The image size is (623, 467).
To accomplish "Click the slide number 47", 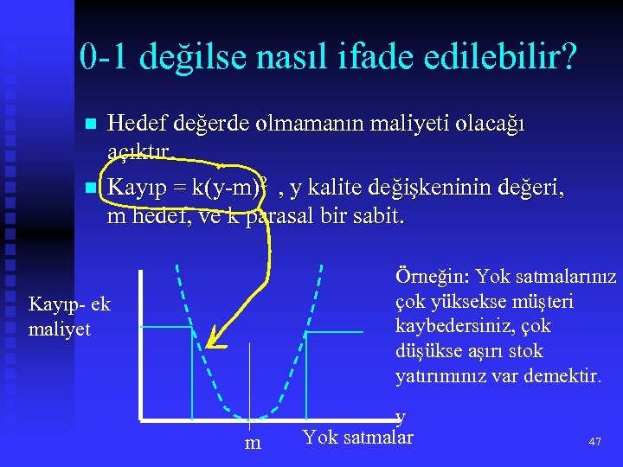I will click(x=594, y=442).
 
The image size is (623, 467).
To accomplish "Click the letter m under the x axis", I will click(x=253, y=443).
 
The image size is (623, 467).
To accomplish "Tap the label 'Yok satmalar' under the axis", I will click(x=357, y=437).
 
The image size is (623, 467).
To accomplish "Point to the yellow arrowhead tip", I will click(x=209, y=345).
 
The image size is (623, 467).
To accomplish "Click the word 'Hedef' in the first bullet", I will click(x=132, y=124).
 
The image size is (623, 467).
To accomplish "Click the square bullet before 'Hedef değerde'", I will click(x=92, y=125).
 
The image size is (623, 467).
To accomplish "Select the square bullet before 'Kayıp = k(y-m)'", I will click(x=92, y=187).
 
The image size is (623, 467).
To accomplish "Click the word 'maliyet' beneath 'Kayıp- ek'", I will click(x=60, y=329).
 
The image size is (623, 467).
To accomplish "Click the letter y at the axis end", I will click(x=400, y=417).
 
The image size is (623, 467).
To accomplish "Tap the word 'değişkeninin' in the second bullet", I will click(x=428, y=186).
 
